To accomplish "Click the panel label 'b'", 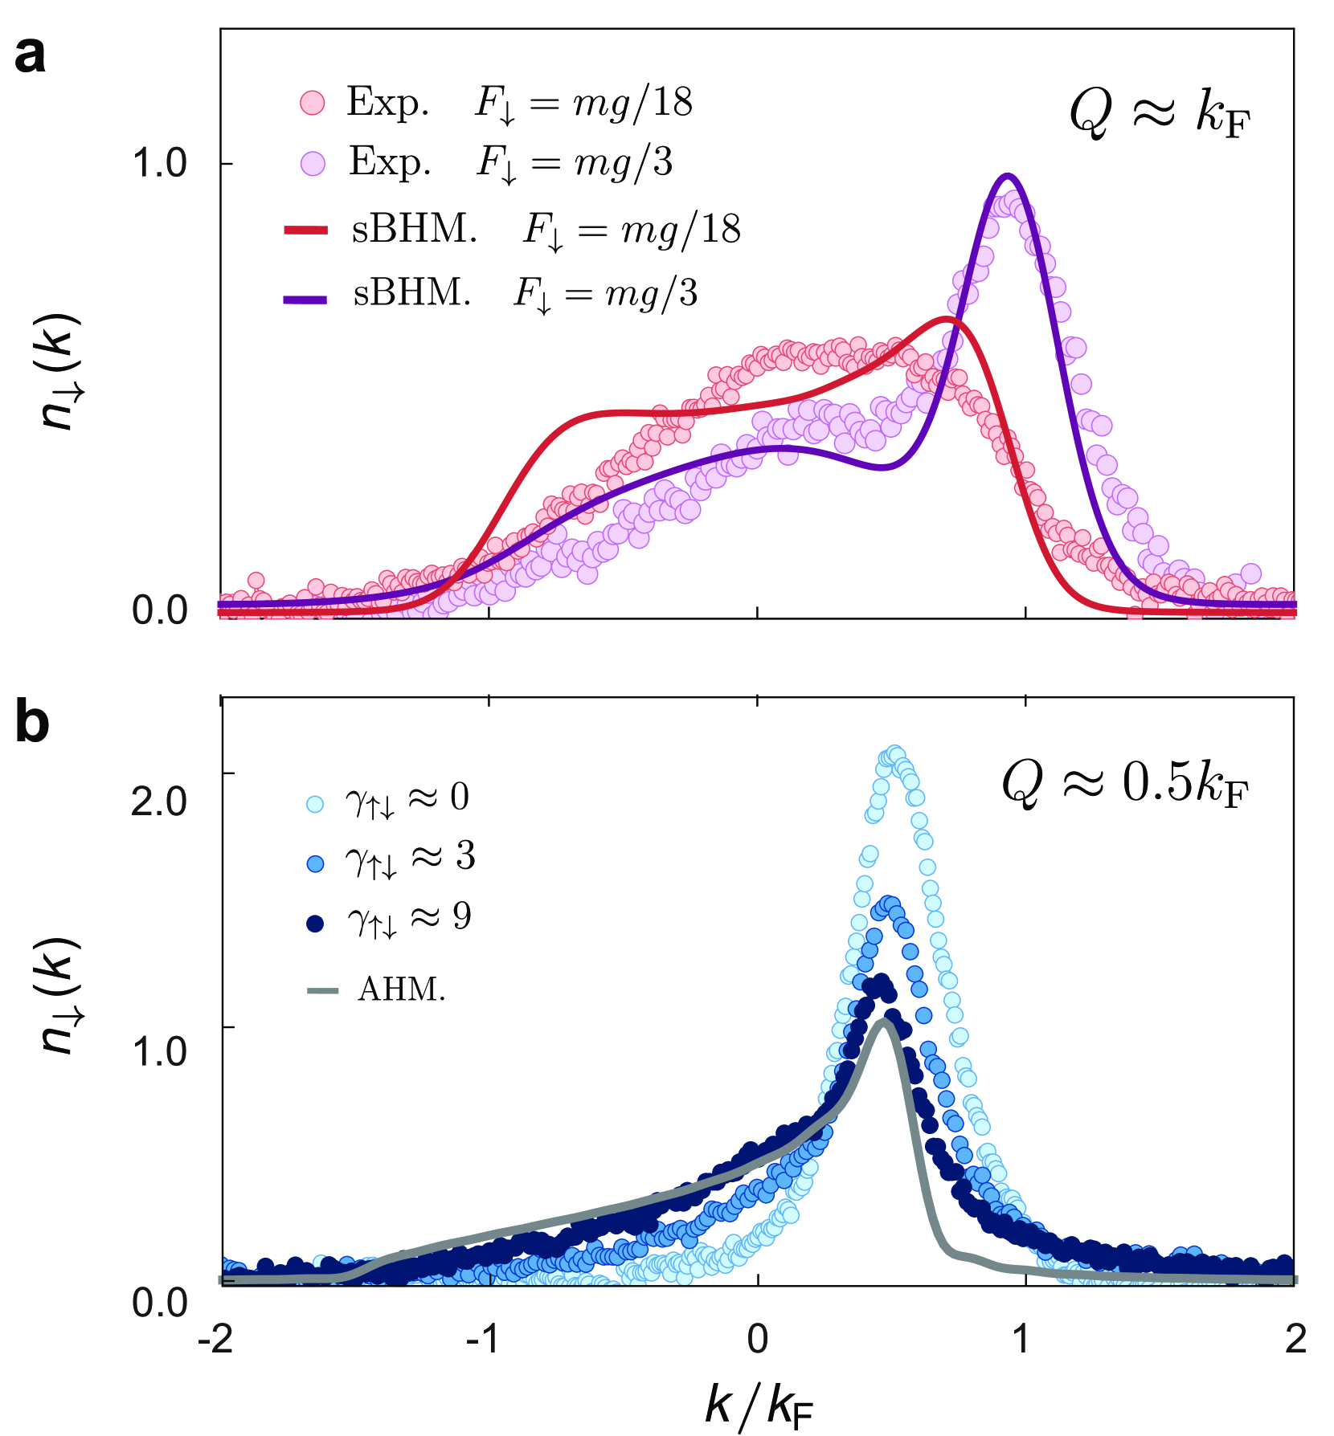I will [32, 722].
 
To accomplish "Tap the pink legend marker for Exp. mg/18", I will [312, 103].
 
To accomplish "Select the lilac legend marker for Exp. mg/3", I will [312, 165].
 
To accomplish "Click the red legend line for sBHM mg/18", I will [305, 230].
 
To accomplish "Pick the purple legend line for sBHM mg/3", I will [305, 300].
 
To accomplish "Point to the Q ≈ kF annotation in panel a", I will [1160, 114].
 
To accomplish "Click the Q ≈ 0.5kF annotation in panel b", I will [1125, 783].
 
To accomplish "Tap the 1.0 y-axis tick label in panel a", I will [159, 164].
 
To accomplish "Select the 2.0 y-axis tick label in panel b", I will [159, 801].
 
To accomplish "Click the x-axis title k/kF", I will [759, 1405].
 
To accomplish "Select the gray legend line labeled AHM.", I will [323, 990].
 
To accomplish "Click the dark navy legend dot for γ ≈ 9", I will [316, 923].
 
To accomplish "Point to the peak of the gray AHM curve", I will [884, 1021].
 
